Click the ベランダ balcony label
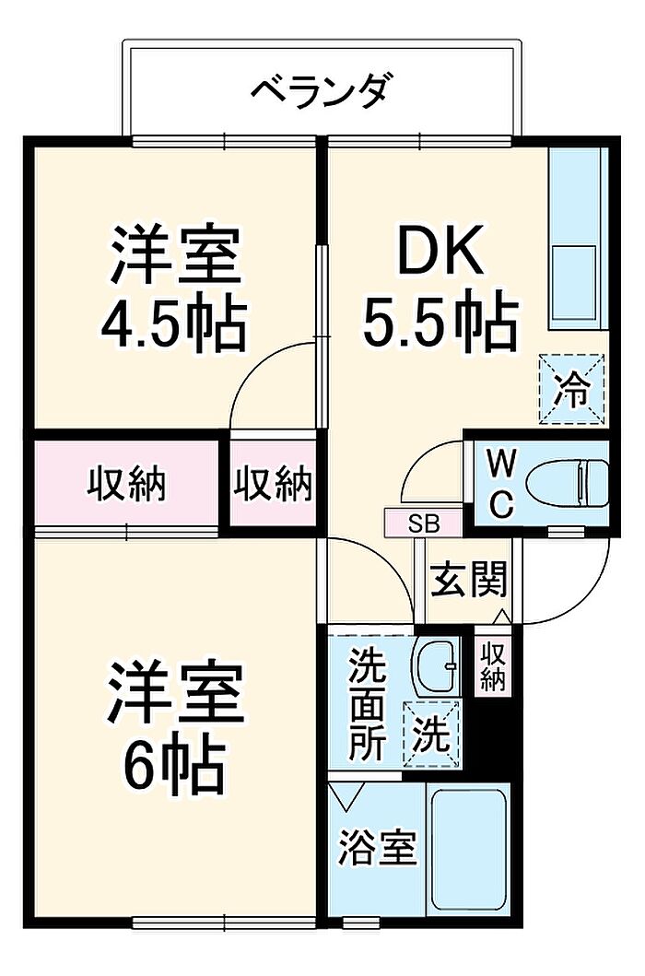click(323, 91)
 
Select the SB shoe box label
click(424, 524)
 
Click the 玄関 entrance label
click(469, 582)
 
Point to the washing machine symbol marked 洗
click(431, 735)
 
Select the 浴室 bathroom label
click(379, 847)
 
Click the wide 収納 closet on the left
click(126, 482)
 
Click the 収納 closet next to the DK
click(272, 482)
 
